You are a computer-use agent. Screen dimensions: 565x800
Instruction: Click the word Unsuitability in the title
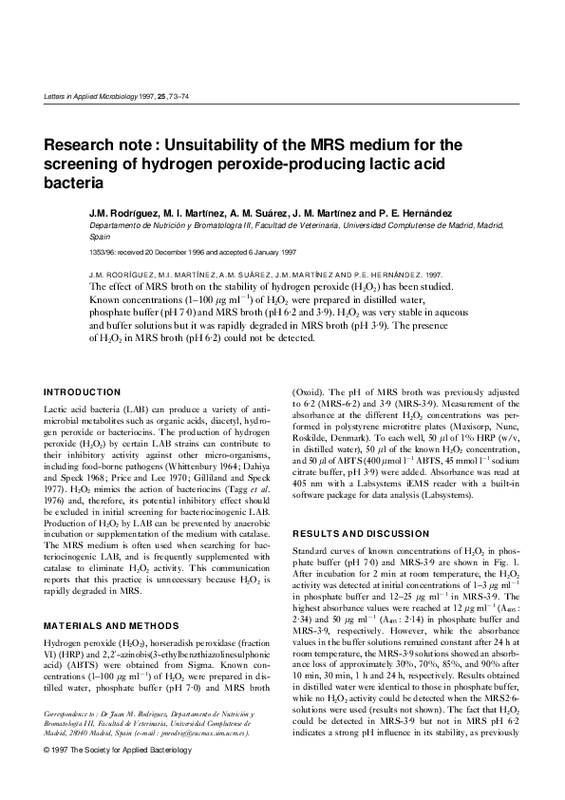pos(217,144)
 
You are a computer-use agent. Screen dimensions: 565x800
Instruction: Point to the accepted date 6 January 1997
pos(247,251)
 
